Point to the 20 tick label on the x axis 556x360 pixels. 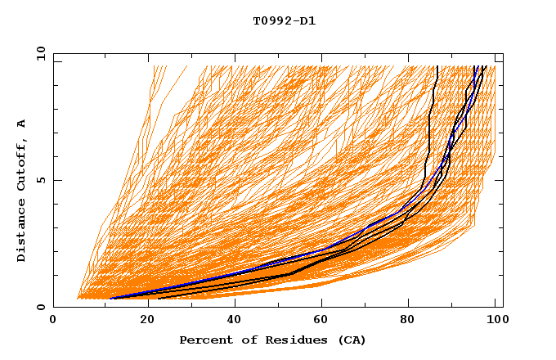[x=142, y=321]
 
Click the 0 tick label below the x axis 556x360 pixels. [x=54, y=321]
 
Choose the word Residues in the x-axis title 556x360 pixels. [x=290, y=340]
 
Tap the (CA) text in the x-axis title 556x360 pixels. [x=351, y=340]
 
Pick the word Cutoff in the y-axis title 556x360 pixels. [x=21, y=164]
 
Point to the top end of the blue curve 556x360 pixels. [x=475, y=65]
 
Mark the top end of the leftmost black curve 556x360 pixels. [x=438, y=65]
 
